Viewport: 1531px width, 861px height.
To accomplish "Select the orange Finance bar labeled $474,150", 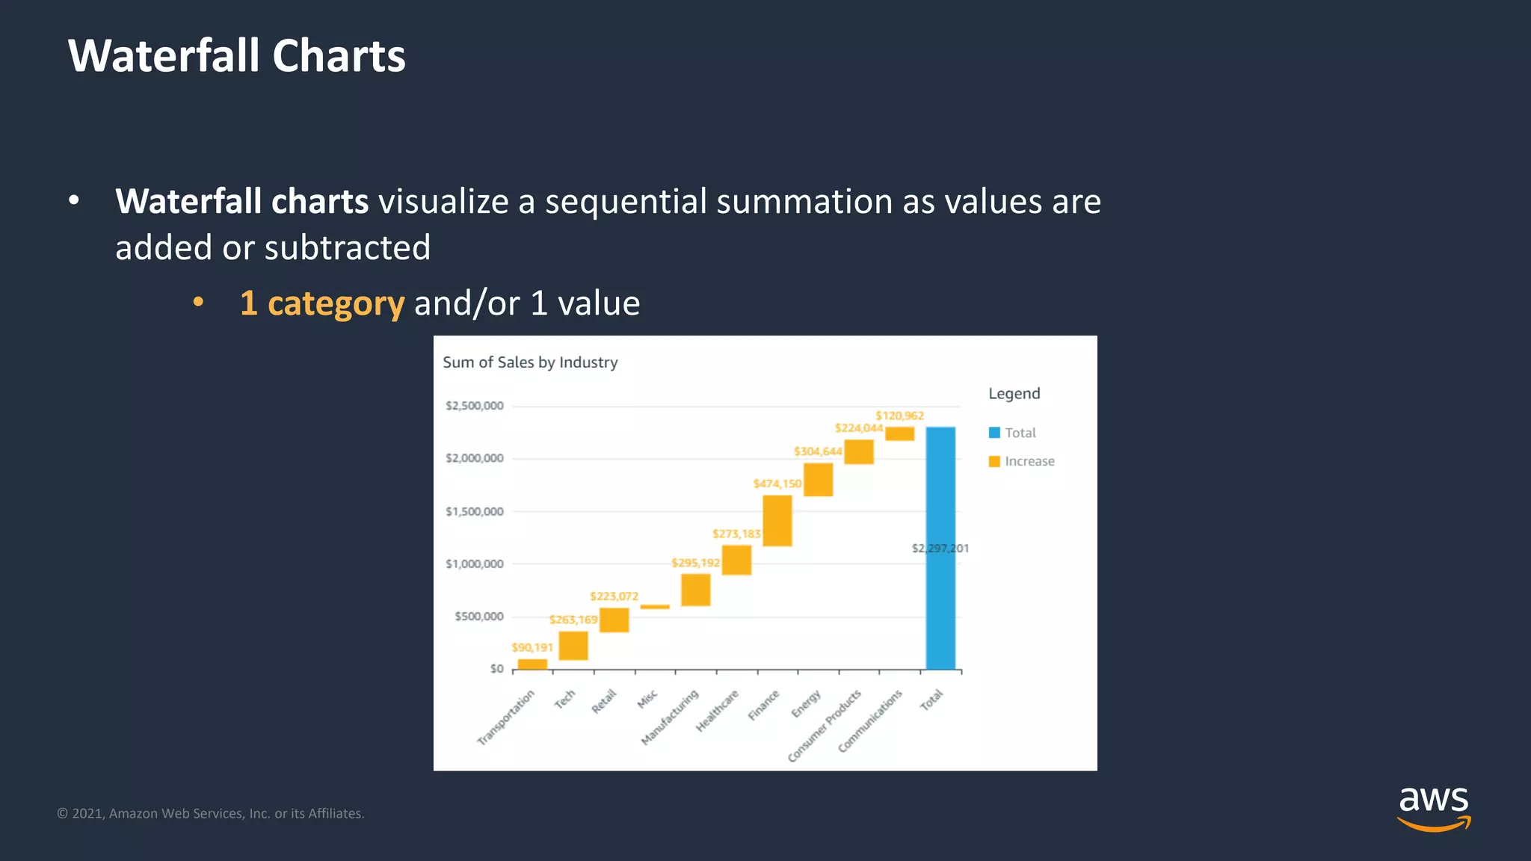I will pyautogui.click(x=777, y=520).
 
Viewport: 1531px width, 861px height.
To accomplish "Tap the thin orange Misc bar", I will pyautogui.click(x=655, y=607).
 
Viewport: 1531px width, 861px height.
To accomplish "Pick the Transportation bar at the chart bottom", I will pyautogui.click(x=532, y=664).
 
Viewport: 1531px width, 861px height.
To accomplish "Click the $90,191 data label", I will pyautogui.click(x=532, y=647).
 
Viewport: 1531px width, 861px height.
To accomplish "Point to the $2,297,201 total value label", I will pyautogui.click(x=940, y=548).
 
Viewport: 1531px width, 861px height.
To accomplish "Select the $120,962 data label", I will pyautogui.click(x=899, y=416).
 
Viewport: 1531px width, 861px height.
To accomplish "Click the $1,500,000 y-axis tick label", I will pyautogui.click(x=475, y=511).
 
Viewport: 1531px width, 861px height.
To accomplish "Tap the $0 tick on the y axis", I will pyautogui.click(x=496, y=668).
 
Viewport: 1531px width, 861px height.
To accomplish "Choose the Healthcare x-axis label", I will pyautogui.click(x=717, y=711).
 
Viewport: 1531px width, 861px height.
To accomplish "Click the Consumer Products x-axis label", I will pyautogui.click(x=825, y=726).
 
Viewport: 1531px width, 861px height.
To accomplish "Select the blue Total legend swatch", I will pyautogui.click(x=994, y=433).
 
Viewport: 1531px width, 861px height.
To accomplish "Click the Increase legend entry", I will pyautogui.click(x=1029, y=461).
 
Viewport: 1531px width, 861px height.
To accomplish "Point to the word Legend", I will pyautogui.click(x=1014, y=394).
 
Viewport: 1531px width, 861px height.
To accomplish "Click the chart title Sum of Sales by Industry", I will pyautogui.click(x=530, y=362).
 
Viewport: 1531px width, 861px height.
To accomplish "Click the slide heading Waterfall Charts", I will pyautogui.click(x=236, y=56).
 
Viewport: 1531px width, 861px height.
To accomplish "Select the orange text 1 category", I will pyautogui.click(x=322, y=303).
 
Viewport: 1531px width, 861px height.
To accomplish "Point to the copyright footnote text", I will pyautogui.click(x=211, y=813).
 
